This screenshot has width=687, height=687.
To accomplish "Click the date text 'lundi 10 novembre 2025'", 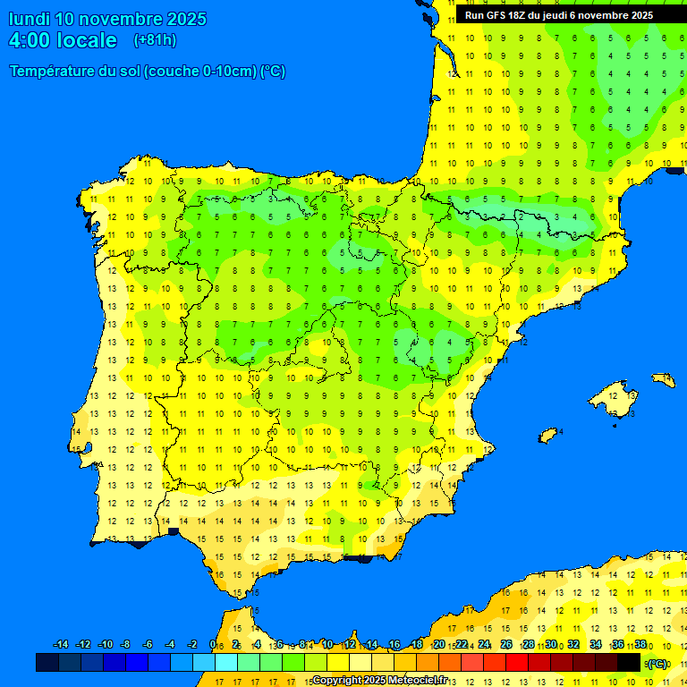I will (x=107, y=19).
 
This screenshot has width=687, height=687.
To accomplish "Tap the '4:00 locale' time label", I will (x=63, y=40).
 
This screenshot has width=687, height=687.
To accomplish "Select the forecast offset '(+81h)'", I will (x=155, y=40).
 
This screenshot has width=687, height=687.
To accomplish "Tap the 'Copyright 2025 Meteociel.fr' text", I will (x=379, y=680).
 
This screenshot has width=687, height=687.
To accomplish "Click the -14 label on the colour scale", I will (x=61, y=645).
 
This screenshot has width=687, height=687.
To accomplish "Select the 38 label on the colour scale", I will (x=640, y=645).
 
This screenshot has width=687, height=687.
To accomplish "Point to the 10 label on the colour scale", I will (x=327, y=645).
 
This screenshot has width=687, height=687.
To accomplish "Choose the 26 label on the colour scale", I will (x=506, y=645).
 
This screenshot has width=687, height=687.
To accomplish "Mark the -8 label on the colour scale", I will (x=126, y=645).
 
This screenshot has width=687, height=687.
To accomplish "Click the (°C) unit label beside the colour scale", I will (x=657, y=664).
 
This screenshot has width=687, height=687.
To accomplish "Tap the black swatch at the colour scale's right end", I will (x=629, y=663).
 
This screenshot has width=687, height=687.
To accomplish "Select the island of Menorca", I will (x=664, y=378).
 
